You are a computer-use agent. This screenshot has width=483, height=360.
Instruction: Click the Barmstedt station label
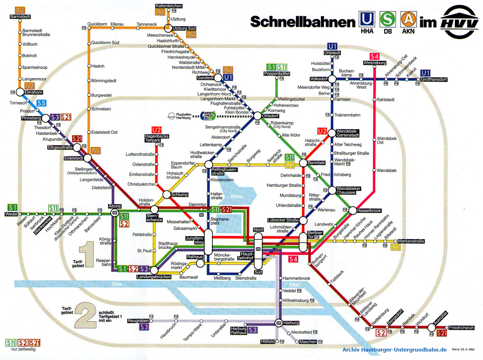pyautogui.click(x=20, y=17)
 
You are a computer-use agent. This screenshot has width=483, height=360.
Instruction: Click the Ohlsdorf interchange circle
pyautogui.click(x=258, y=115)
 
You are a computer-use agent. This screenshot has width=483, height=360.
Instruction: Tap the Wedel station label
pyautogui.click(x=12, y=214)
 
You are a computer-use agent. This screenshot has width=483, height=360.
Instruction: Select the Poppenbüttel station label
pyautogui.click(x=277, y=74)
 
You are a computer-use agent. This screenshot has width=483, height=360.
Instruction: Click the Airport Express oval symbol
pyautogui.click(x=208, y=115)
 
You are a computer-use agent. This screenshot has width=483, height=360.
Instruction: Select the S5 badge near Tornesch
pyautogui.click(x=41, y=103)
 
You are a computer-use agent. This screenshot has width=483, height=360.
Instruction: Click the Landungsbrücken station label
pyautogui.click(x=154, y=277)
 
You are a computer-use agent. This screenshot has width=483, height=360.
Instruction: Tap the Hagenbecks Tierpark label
pyautogui.click(x=157, y=138)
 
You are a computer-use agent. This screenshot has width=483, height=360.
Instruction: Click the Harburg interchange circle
pyautogui.click(x=279, y=323)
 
